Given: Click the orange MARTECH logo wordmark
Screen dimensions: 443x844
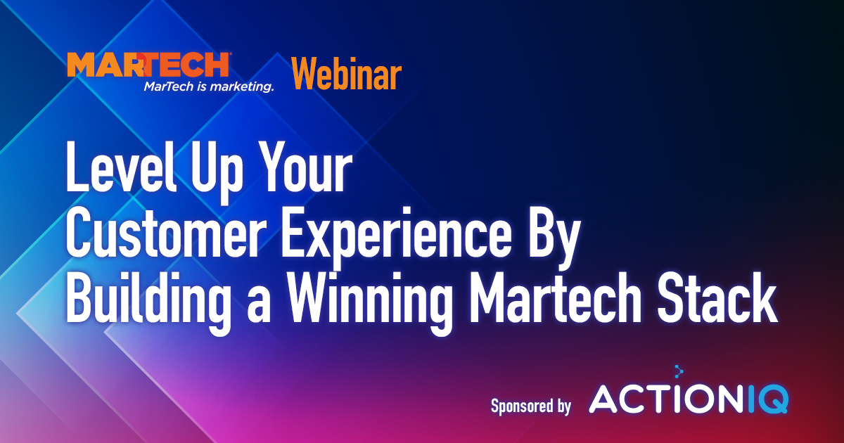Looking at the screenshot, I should (x=148, y=65).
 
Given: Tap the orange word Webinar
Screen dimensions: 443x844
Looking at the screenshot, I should (x=347, y=74).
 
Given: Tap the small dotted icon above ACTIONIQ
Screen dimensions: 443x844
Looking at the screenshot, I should (x=679, y=372).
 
